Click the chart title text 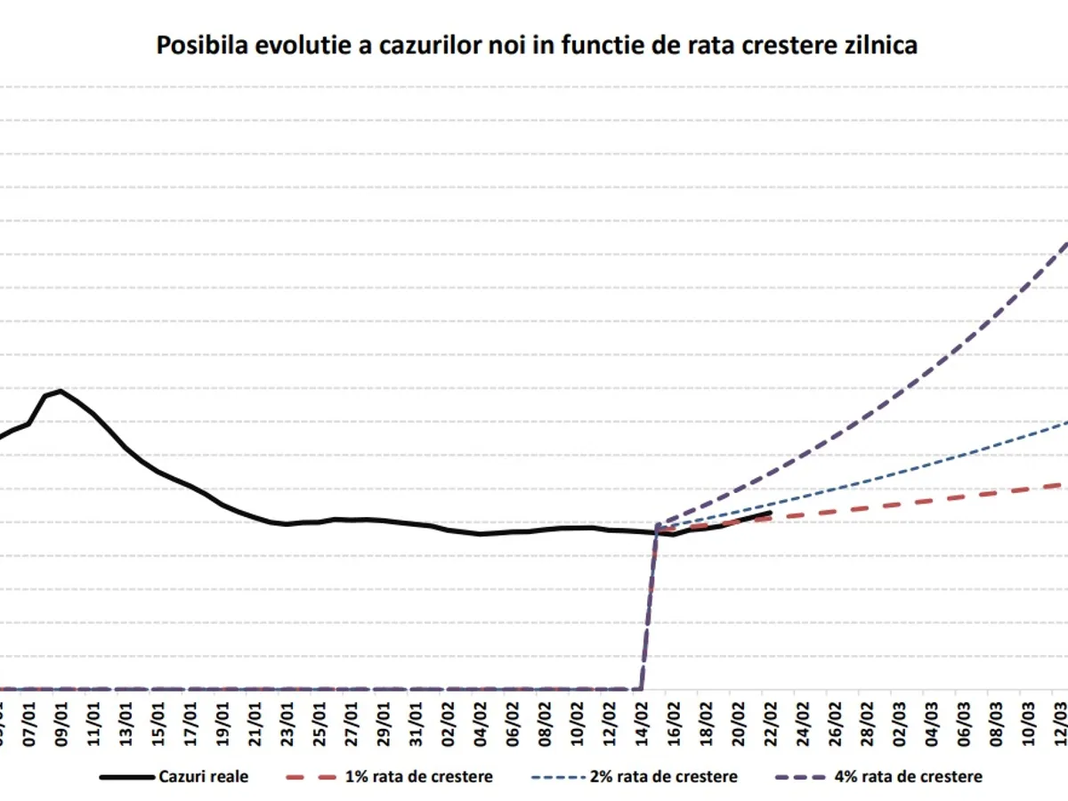tap(537, 45)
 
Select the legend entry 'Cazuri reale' tap(204, 776)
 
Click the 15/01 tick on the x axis tap(158, 713)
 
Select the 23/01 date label tap(287, 713)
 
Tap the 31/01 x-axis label tap(416, 713)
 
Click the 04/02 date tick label tap(480, 713)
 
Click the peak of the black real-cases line tap(61, 391)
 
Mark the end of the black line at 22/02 tap(770, 514)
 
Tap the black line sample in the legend tap(124, 776)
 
